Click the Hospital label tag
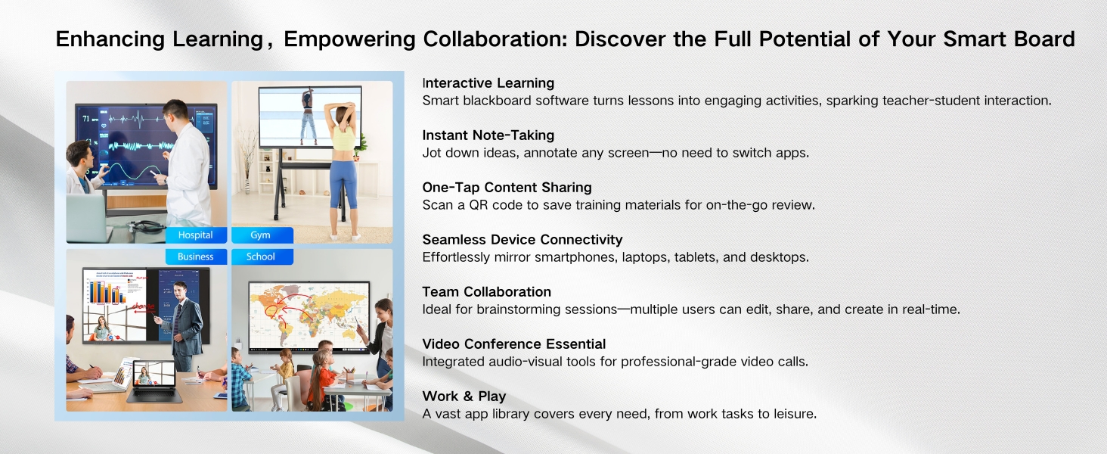[196, 235]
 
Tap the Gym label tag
[262, 235]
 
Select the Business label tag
[196, 257]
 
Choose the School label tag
[262, 257]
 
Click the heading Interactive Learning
[488, 83]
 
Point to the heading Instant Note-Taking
[488, 135]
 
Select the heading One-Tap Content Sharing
[507, 188]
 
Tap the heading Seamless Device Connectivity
[522, 240]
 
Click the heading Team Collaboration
[487, 292]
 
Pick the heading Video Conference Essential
[514, 344]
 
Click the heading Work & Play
[464, 396]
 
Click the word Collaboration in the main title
[495, 39]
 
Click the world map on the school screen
[309, 313]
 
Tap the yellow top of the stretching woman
[343, 138]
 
